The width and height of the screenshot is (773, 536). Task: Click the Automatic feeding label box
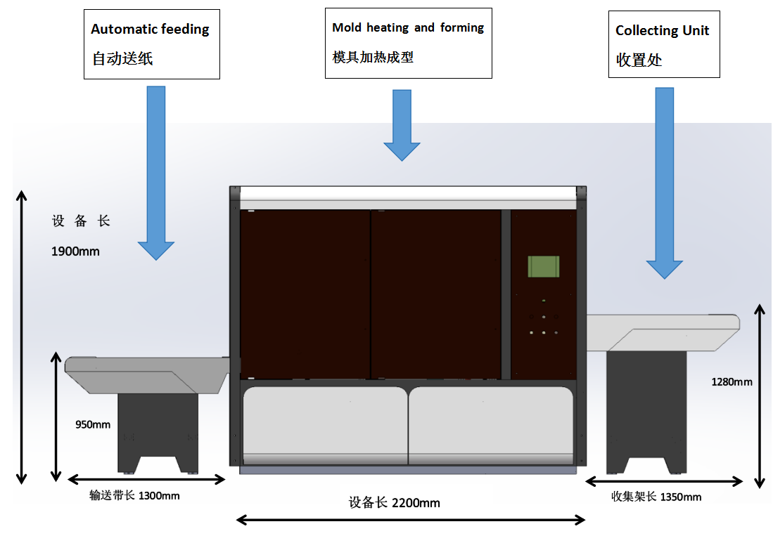pos(152,44)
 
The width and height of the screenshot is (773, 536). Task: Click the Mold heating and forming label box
pos(409,43)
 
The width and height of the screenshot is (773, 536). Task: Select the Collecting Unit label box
pos(664,44)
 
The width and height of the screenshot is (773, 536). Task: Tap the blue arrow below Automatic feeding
pos(155,173)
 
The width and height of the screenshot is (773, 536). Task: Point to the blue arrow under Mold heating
pos(402,125)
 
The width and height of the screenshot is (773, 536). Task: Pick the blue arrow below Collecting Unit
pos(665,183)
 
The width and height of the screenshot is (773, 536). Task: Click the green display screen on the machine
pos(543,266)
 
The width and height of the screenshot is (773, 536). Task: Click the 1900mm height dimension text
pos(75,251)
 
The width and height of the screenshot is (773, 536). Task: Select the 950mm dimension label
pos(93,424)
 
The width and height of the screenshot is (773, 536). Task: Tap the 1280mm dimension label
pos(732,382)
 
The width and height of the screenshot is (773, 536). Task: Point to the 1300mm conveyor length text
pos(134,496)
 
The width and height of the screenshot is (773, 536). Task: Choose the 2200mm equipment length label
pos(395,502)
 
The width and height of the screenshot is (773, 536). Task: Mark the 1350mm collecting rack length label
pos(656,497)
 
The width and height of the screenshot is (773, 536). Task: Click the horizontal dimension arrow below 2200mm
pos(411,519)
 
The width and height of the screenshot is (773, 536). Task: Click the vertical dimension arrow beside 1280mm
pos(760,396)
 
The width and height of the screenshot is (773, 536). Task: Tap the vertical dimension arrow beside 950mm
pos(56,417)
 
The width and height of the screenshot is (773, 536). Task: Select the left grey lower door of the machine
pos(326,425)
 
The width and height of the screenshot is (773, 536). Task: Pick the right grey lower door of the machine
pos(491,425)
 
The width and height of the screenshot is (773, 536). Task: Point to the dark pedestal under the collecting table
pos(646,412)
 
